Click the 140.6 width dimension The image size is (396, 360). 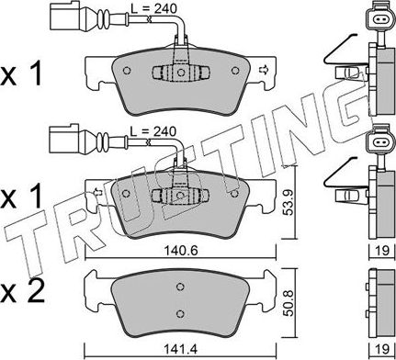tap(181, 252)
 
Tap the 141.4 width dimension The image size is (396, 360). tap(181, 349)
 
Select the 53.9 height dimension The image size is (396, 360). tap(288, 203)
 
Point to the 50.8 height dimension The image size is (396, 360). tap(288, 303)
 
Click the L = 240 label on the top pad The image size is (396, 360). tap(153, 8)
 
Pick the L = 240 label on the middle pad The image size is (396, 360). tap(153, 131)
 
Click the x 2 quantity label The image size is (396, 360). tap(22, 291)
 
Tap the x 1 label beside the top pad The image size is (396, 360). tap(21, 74)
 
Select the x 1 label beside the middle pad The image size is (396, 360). tap(21, 197)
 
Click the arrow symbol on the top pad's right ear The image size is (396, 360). tap(263, 70)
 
